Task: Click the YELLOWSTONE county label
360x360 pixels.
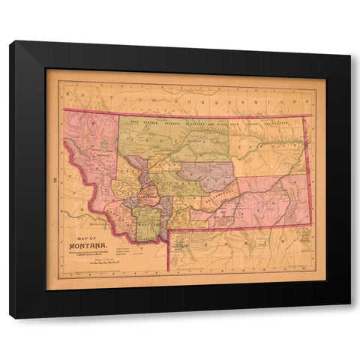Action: [x=217, y=199]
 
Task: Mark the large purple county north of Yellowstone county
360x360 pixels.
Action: [x=205, y=173]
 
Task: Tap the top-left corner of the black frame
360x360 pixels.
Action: [x=10, y=42]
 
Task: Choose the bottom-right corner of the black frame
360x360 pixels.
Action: [x=350, y=318]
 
